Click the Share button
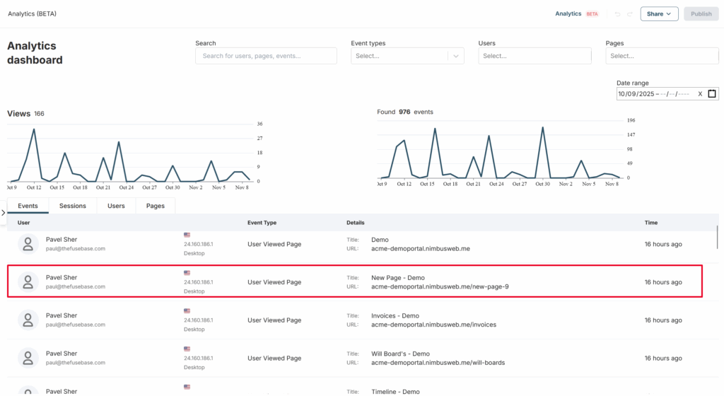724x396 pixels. (659, 14)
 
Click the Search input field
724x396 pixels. (266, 56)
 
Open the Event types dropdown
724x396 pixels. (407, 56)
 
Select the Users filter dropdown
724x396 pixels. (535, 56)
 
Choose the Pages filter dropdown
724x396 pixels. (662, 56)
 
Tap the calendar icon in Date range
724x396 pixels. (712, 93)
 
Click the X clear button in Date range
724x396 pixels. (700, 93)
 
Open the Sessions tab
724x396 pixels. (73, 206)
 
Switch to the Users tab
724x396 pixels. (116, 206)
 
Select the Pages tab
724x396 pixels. (155, 206)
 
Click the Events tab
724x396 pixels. (28, 206)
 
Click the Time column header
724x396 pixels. (651, 223)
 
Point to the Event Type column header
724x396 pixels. (262, 223)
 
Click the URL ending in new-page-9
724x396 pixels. (440, 286)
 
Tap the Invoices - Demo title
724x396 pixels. (395, 315)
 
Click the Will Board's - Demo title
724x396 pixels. (400, 354)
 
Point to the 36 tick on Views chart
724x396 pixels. (260, 124)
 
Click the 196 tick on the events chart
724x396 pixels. (631, 120)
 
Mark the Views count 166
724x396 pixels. (40, 114)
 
